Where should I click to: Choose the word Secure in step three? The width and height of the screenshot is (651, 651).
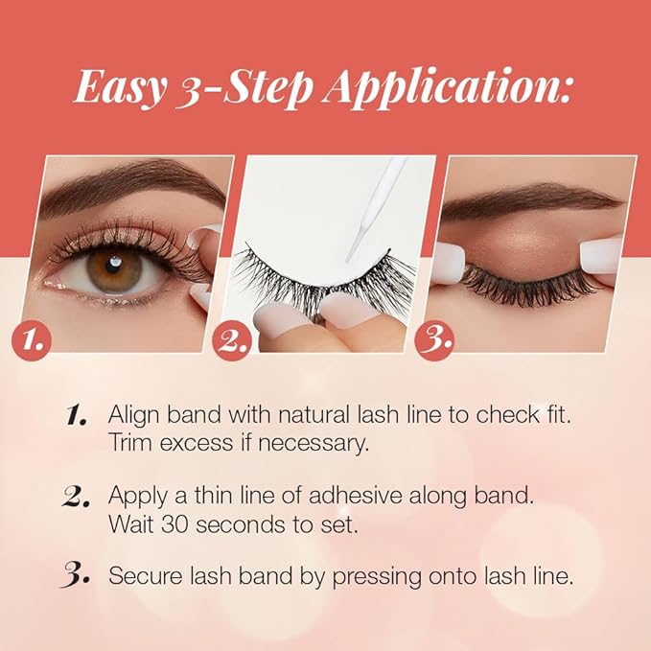click(141, 576)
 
